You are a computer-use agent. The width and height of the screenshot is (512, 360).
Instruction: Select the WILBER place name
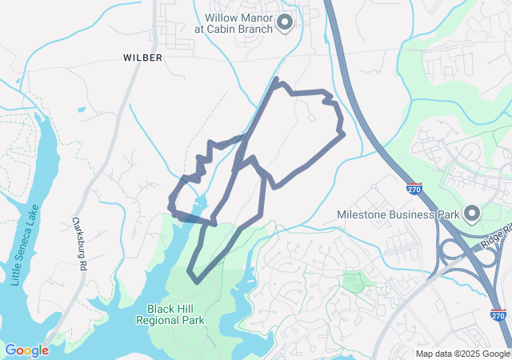tap(143, 58)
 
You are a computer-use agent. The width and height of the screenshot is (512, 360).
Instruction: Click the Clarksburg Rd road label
tap(78, 243)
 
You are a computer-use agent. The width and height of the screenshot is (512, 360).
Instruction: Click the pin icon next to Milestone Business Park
tap(471, 214)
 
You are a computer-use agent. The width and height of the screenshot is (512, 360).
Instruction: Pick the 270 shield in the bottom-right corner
tap(498, 315)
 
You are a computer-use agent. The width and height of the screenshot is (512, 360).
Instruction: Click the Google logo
tap(26, 350)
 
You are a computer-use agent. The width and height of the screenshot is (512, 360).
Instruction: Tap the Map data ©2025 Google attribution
tap(462, 354)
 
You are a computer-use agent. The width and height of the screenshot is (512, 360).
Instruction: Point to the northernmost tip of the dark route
tap(276, 79)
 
